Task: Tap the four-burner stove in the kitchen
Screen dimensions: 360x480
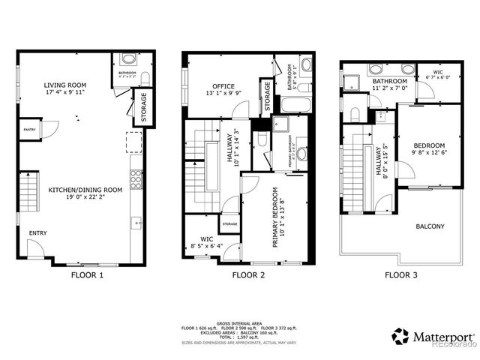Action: [136, 178]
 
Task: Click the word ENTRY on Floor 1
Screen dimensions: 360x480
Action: [37, 233]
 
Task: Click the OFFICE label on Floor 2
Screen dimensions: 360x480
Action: [224, 85]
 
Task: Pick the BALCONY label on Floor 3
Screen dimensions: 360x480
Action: [430, 226]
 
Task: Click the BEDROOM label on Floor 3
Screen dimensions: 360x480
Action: [428, 145]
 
